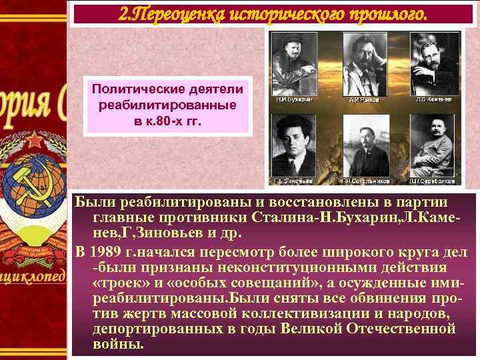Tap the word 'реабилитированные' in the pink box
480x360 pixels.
tap(167, 107)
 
